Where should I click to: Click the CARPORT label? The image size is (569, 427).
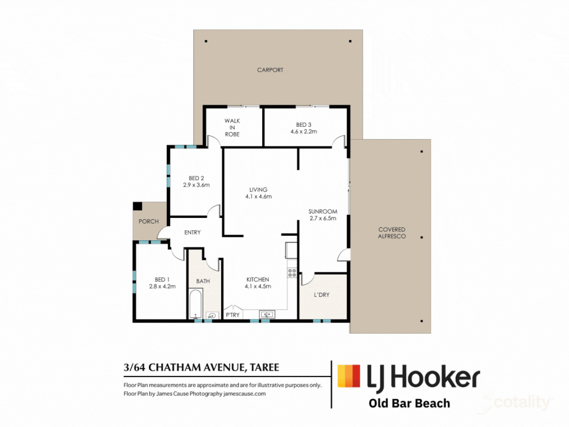click(x=270, y=69)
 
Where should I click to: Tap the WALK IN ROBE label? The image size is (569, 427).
click(x=232, y=127)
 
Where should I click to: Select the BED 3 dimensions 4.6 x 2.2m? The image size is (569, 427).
click(x=304, y=131)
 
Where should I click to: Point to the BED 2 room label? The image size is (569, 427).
click(x=196, y=178)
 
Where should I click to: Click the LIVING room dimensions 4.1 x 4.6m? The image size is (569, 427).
click(x=258, y=196)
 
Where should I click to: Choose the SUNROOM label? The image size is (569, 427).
click(x=323, y=211)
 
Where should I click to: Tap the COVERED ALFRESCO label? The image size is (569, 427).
click(x=392, y=233)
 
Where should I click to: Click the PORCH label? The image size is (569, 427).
click(x=148, y=221)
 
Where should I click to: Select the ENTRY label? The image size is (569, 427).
click(x=192, y=232)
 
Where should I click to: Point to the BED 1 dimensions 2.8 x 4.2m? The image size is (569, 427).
click(x=162, y=286)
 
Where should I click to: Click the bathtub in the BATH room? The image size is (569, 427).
click(x=196, y=304)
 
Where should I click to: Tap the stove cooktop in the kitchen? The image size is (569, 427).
click(x=292, y=272)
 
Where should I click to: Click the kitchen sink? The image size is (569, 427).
click(x=267, y=314)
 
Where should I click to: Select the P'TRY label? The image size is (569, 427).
click(x=233, y=315)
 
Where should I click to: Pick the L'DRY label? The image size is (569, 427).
click(x=322, y=295)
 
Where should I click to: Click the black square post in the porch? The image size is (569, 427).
click(x=138, y=206)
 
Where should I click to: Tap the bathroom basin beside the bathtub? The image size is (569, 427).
click(x=212, y=316)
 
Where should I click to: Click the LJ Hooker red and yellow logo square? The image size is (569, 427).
click(x=349, y=376)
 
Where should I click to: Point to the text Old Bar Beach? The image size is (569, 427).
click(x=410, y=404)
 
